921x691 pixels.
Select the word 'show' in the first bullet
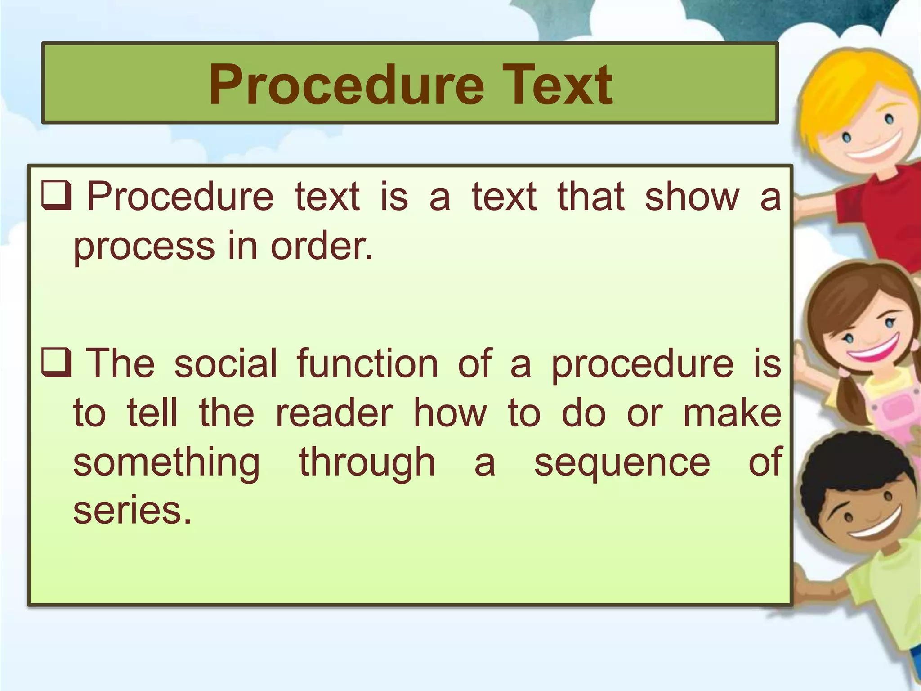coord(692,196)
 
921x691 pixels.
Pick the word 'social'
coord(225,363)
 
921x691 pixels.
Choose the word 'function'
coord(367,363)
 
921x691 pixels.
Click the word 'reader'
coord(334,413)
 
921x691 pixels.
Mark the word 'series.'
coord(132,511)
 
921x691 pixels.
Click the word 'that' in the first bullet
coord(590,196)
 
